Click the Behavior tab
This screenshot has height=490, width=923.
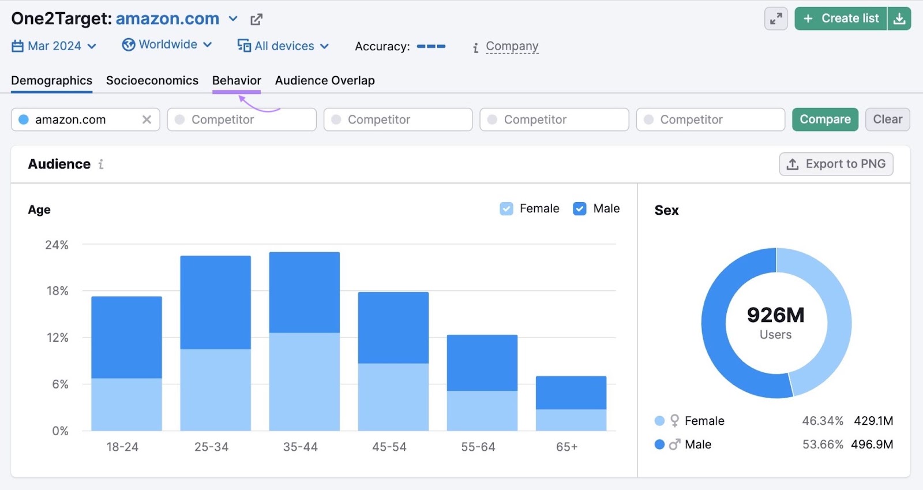coord(237,81)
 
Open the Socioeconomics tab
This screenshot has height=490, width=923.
coord(152,81)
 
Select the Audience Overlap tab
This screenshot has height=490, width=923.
coord(325,81)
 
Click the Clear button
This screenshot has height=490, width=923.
coord(887,119)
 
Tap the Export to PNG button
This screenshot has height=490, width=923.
coord(836,164)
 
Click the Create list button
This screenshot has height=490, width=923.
coord(841,18)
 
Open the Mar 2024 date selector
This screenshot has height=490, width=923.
coord(54,46)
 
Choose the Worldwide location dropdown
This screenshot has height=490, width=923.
coord(167,45)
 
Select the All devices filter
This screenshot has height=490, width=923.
coord(283,46)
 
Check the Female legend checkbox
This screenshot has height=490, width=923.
coord(506,209)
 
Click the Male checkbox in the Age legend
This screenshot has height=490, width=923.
coord(580,209)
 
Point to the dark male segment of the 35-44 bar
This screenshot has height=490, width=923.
coord(304,292)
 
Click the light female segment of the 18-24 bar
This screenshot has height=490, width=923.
coord(126,404)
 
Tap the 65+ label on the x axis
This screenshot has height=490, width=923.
coord(566,447)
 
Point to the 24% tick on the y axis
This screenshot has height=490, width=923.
coord(57,245)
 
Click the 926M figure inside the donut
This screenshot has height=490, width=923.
coord(775,315)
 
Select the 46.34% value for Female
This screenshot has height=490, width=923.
coord(822,421)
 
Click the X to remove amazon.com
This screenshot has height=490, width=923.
coord(147,119)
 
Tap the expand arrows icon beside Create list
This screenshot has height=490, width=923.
coord(776,18)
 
